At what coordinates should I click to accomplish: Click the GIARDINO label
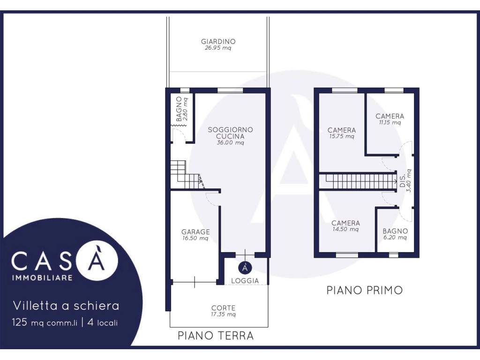pyautogui.click(x=218, y=41)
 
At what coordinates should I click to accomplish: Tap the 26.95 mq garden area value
pyautogui.click(x=218, y=48)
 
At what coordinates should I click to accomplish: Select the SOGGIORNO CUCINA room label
pyautogui.click(x=230, y=133)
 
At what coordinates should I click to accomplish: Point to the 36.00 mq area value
pyautogui.click(x=230, y=142)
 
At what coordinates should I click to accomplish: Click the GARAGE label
pyautogui.click(x=195, y=232)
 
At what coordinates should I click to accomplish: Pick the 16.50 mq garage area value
pyautogui.click(x=195, y=238)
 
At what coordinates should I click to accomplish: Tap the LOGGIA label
pyautogui.click(x=245, y=280)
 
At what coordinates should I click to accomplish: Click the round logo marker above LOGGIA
pyautogui.click(x=245, y=268)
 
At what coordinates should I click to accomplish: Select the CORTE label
pyautogui.click(x=223, y=308)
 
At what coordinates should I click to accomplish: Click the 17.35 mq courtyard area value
pyautogui.click(x=223, y=315)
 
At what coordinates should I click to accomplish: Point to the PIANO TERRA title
pyautogui.click(x=216, y=336)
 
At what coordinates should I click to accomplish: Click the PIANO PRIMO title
pyautogui.click(x=364, y=290)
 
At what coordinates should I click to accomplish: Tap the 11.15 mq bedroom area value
pyautogui.click(x=390, y=123)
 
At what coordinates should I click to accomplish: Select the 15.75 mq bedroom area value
pyautogui.click(x=342, y=136)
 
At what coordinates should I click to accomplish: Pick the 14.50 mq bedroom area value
pyautogui.click(x=345, y=229)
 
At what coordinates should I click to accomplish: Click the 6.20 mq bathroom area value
pyautogui.click(x=395, y=238)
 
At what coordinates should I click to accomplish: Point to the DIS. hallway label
pyautogui.click(x=403, y=180)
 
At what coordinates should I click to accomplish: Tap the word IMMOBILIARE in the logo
pyautogui.click(x=42, y=277)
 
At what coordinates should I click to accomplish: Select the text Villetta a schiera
pyautogui.click(x=66, y=306)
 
